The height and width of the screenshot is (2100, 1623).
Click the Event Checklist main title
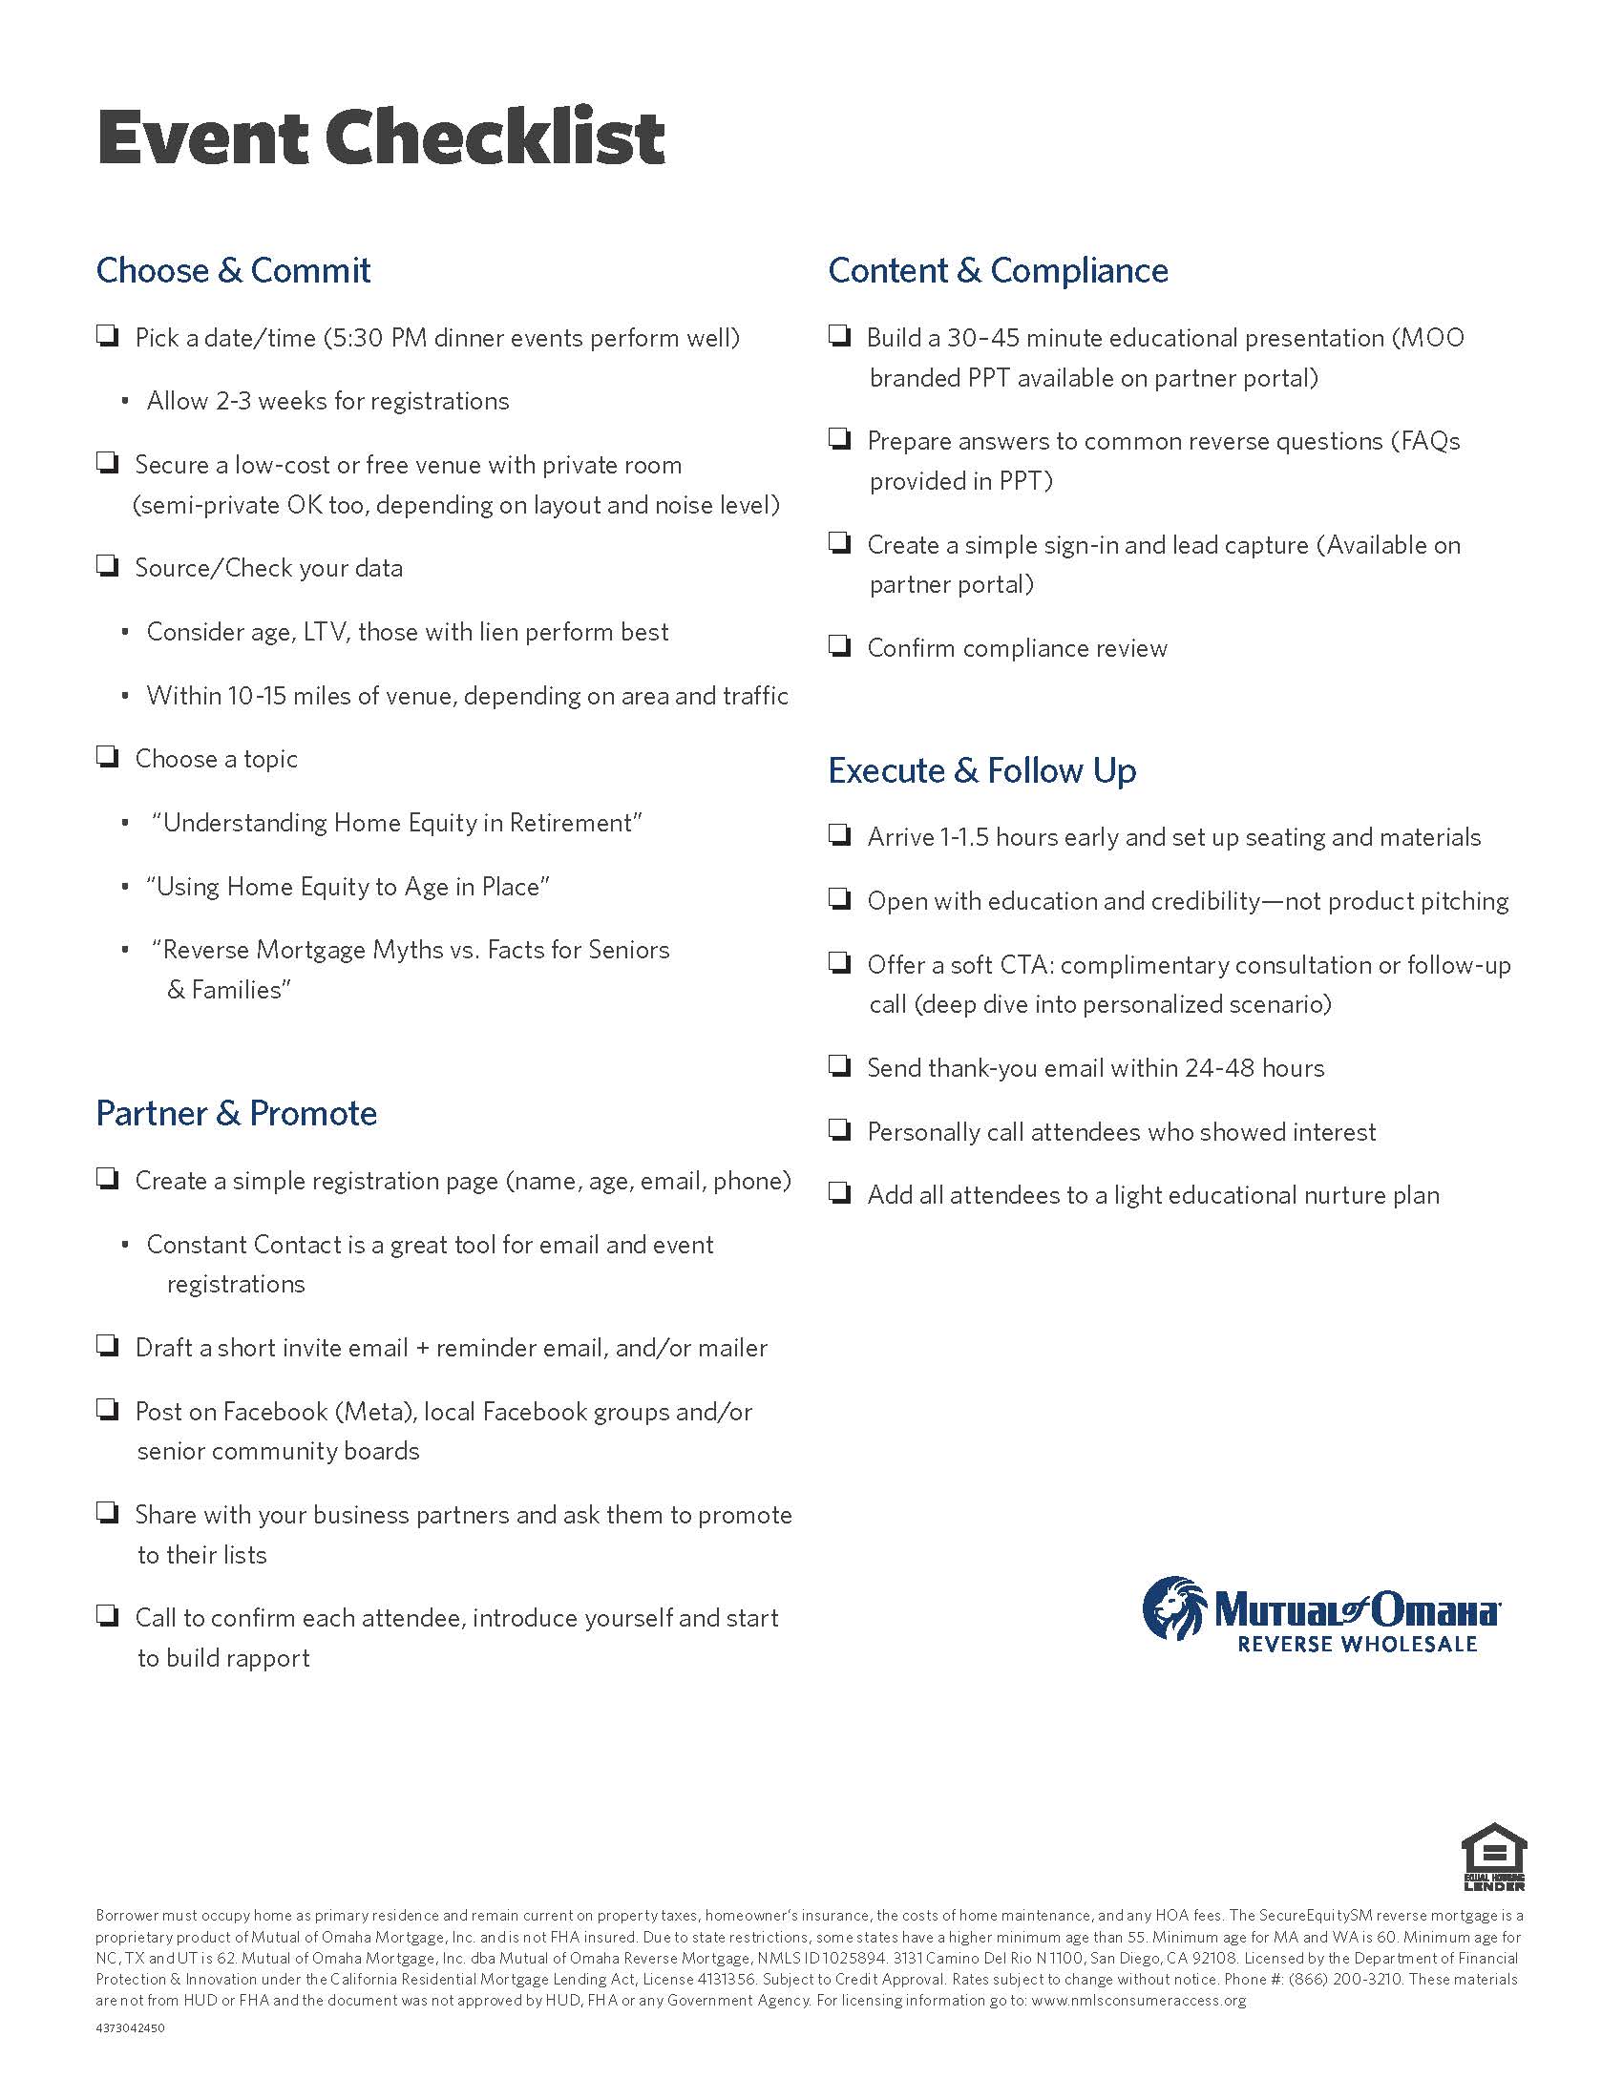(x=381, y=136)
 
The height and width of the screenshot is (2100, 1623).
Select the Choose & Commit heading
(x=233, y=270)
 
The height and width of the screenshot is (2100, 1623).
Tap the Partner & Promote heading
(x=237, y=1112)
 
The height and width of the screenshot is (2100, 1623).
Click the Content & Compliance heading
(x=998, y=270)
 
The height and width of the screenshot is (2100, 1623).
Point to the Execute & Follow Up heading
(x=981, y=770)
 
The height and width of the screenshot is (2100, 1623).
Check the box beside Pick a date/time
(x=107, y=336)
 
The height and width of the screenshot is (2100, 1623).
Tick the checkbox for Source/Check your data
(x=107, y=565)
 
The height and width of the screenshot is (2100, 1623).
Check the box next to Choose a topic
(x=107, y=757)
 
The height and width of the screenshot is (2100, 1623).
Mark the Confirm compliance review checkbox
(x=839, y=645)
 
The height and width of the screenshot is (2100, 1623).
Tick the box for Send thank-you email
(x=839, y=1065)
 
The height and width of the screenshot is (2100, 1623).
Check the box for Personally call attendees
(x=839, y=1129)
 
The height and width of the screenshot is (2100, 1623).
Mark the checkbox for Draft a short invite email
(x=107, y=1345)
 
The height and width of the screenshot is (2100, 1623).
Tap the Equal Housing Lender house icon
(x=1494, y=1856)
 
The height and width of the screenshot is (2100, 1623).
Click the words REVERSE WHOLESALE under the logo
(x=1357, y=1645)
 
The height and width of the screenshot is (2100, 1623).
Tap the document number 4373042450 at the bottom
(x=130, y=2027)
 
